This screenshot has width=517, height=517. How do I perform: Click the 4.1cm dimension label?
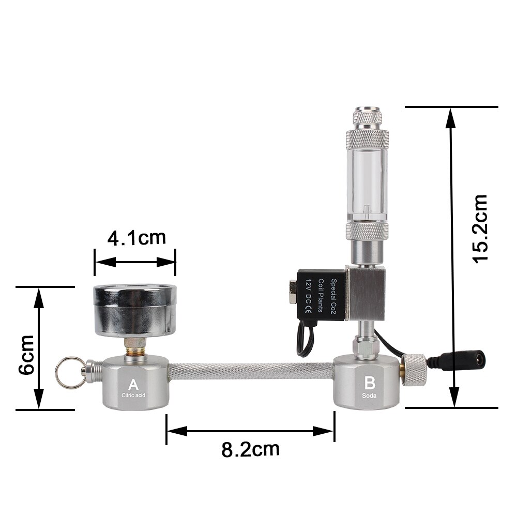coord(136,238)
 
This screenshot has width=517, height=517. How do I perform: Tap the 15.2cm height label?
coord(480,229)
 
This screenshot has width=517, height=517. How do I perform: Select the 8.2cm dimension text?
coord(250,449)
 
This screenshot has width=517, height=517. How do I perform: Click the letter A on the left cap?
coord(133,385)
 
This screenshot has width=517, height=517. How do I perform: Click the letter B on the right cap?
coord(370,383)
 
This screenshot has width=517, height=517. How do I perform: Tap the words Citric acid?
coord(133,396)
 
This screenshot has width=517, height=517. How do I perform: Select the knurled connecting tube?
coord(251,371)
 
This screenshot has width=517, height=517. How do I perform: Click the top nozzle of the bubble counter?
coord(365,115)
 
